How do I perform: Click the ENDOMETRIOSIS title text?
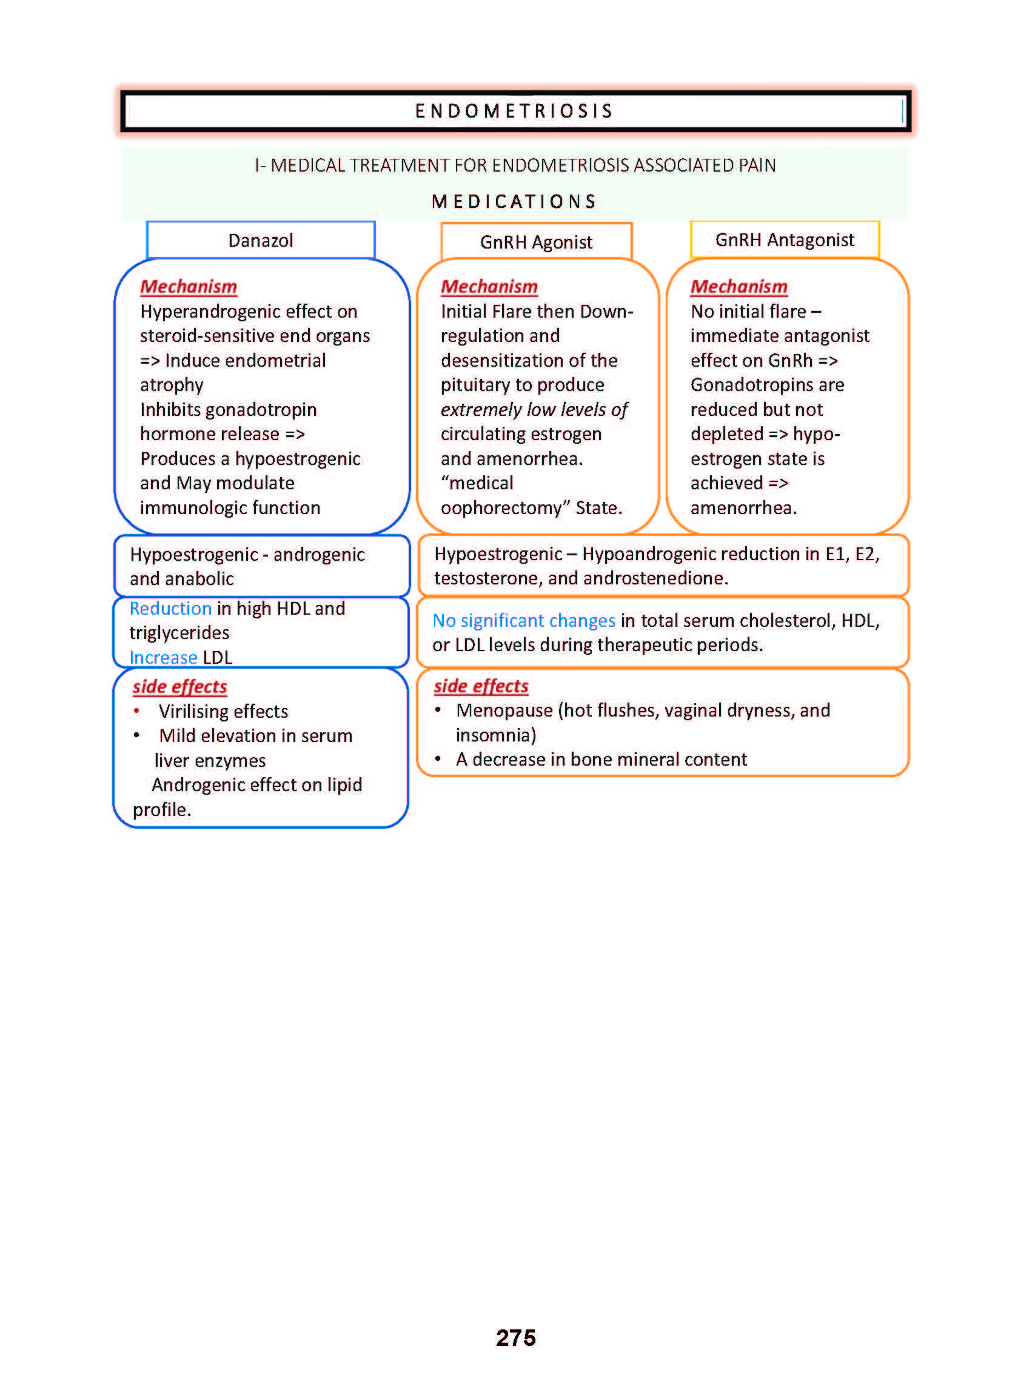(x=514, y=111)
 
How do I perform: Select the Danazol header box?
(x=261, y=241)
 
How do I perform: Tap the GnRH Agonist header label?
(x=536, y=242)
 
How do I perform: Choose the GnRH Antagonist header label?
(x=784, y=240)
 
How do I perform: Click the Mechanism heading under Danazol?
(x=188, y=287)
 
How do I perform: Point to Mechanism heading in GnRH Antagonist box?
(x=739, y=287)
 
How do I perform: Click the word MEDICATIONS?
(x=514, y=202)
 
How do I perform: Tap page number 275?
(x=515, y=1337)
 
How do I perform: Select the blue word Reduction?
(x=170, y=608)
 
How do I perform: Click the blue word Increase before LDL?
(x=163, y=658)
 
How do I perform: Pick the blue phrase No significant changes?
(x=523, y=620)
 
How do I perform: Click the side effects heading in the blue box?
(x=179, y=686)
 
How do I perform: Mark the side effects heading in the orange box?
(x=481, y=686)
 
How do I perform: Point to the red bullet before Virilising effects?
(x=136, y=710)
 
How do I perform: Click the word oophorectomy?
(x=505, y=508)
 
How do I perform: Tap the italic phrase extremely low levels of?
(x=534, y=410)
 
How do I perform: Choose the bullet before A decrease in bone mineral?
(x=438, y=759)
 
